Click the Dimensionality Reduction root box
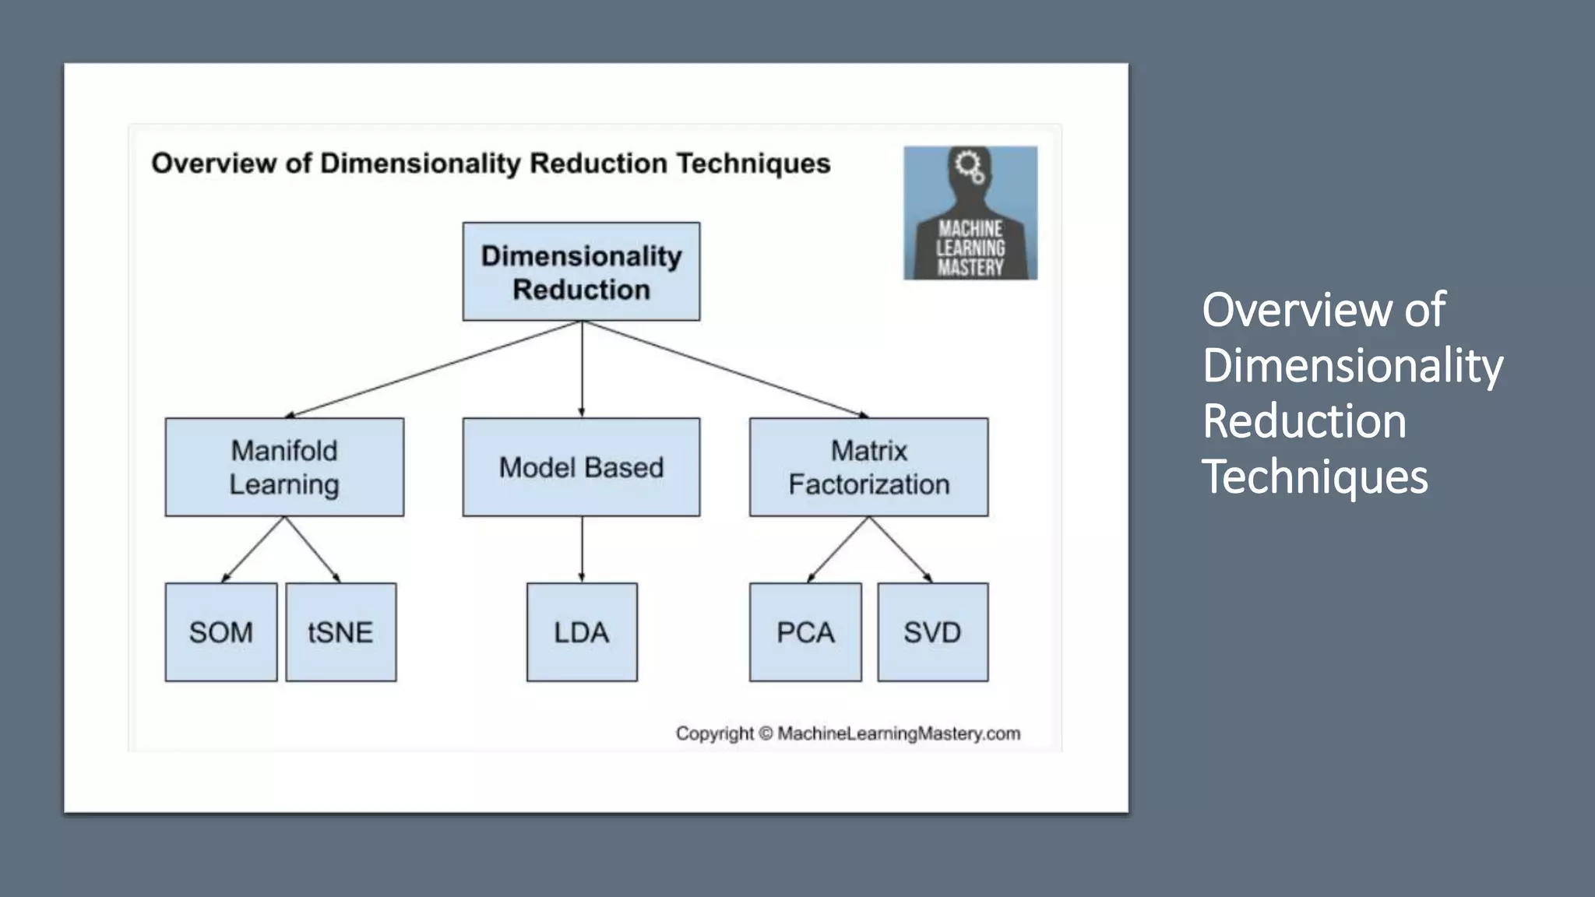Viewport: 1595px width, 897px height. (581, 272)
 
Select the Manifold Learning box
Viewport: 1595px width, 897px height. (284, 467)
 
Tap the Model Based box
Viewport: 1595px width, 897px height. (581, 467)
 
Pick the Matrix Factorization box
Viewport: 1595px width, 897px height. (868, 467)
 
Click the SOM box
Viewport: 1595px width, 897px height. (221, 632)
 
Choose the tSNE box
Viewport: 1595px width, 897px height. (340, 632)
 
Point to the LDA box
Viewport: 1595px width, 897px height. (582, 632)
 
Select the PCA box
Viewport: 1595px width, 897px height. (805, 632)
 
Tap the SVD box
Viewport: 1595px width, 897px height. (932, 632)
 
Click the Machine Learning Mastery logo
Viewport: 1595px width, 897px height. (970, 213)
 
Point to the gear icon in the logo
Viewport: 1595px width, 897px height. (969, 166)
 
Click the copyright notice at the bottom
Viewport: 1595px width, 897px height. (847, 733)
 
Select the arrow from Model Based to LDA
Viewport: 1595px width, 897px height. (582, 550)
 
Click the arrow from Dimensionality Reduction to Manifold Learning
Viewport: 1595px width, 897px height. (433, 369)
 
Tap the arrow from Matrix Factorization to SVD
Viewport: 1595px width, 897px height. (900, 550)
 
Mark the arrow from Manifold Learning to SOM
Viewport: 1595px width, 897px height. (253, 550)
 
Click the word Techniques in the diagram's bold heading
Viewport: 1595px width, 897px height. (753, 164)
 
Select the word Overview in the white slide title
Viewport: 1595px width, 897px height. (1297, 310)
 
